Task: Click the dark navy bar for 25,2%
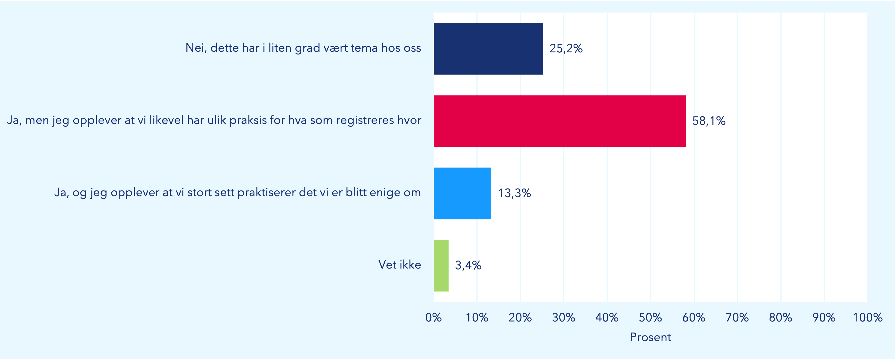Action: (488, 49)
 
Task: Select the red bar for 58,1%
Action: (559, 121)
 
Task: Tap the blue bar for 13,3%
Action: (462, 193)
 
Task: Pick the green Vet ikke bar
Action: (441, 265)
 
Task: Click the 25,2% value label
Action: (566, 49)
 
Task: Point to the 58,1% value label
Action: (709, 121)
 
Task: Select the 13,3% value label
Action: (515, 193)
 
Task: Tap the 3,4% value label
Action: (468, 265)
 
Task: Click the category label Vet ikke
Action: (400, 265)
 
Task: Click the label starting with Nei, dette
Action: (303, 48)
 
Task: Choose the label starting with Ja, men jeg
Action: (214, 121)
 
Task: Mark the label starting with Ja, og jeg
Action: (237, 193)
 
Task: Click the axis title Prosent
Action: (650, 337)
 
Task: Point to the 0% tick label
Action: (434, 317)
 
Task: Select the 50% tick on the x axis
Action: (650, 317)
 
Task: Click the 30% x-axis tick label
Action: (564, 317)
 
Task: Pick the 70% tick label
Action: (737, 317)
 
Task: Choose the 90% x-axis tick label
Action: (824, 317)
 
